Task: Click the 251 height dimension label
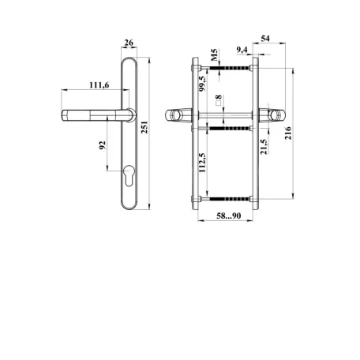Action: click(x=144, y=127)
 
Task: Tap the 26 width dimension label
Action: click(x=129, y=43)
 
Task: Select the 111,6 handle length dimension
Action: click(x=99, y=85)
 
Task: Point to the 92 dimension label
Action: click(x=103, y=145)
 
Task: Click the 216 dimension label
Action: click(x=288, y=133)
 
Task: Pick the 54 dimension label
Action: click(x=265, y=39)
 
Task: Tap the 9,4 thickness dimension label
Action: click(x=242, y=49)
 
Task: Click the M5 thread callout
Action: click(x=214, y=54)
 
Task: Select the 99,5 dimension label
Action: click(x=202, y=84)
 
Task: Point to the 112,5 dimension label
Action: click(x=202, y=163)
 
